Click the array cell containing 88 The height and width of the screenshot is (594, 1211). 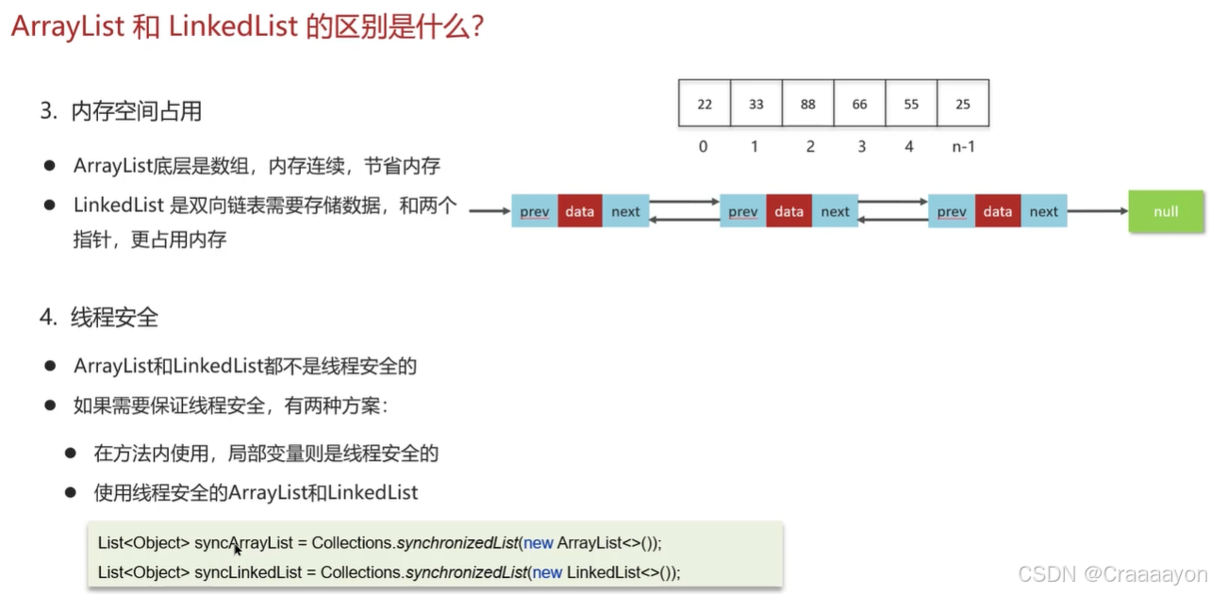tap(807, 104)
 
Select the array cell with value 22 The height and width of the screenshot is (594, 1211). tap(705, 104)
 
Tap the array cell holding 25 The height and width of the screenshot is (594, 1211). tap(963, 104)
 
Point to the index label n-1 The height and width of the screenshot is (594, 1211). tap(963, 147)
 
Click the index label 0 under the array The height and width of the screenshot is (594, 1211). tap(704, 147)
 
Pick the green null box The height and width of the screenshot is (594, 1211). tap(1166, 211)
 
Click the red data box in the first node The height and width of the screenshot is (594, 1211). tap(580, 211)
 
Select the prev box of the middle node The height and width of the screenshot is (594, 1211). tap(743, 211)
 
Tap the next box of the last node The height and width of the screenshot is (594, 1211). tap(1043, 211)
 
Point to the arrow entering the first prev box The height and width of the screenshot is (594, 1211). tap(489, 211)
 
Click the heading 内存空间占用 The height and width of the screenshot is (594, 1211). tap(136, 111)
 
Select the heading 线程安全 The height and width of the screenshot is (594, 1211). tap(114, 318)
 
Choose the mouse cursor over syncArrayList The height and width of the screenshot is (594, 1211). tap(237, 549)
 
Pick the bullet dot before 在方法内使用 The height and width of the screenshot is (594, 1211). tap(71, 454)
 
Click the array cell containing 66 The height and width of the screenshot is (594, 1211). tap(859, 104)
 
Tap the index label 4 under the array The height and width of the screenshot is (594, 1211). tap(909, 147)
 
